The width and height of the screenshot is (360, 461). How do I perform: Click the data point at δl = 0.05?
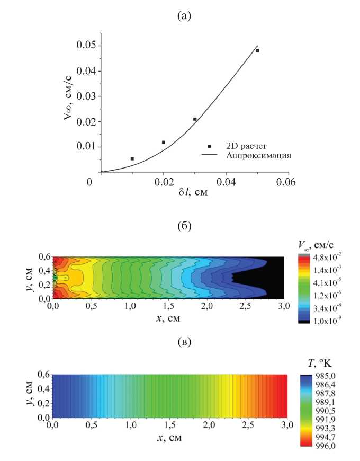point(257,51)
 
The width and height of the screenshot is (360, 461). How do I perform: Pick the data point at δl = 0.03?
point(195,119)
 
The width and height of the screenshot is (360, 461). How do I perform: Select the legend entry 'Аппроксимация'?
point(259,156)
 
